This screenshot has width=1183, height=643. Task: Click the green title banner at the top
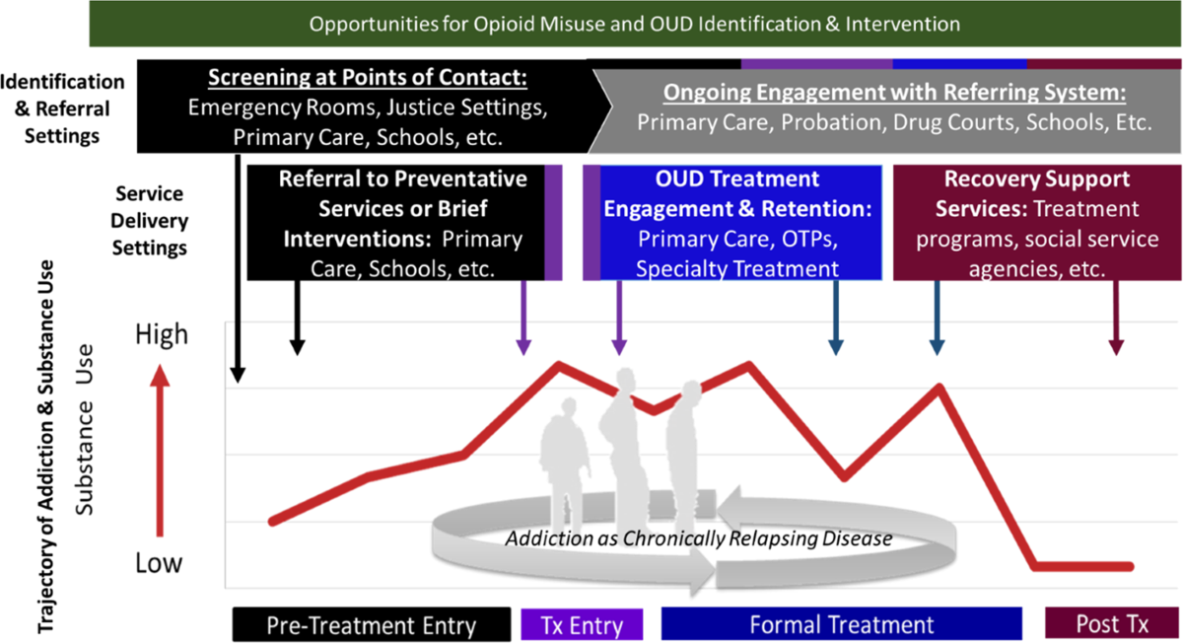coord(635,23)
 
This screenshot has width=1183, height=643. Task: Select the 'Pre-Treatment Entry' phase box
coord(371,624)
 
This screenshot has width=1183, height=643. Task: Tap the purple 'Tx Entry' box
coord(582,624)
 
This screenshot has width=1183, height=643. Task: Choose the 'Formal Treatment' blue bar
coord(841,624)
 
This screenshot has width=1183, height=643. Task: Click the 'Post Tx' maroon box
coord(1111,624)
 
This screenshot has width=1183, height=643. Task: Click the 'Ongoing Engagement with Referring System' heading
coord(894,93)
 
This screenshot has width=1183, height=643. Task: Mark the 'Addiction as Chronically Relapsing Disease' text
coord(698,539)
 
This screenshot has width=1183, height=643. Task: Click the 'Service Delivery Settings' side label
coord(151,220)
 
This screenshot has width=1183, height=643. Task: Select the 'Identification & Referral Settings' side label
coord(62,108)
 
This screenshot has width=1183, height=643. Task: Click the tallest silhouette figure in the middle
coord(623,434)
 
